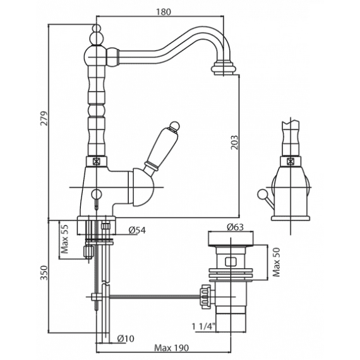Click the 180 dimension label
click(164, 12)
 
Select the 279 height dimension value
click(44, 118)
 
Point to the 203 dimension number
click(234, 143)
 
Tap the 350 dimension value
click(44, 273)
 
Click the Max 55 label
click(65, 239)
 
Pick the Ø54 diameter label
click(137, 230)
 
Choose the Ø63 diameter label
click(235, 227)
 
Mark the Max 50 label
click(276, 262)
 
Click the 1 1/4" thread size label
click(203, 326)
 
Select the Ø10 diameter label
click(125, 339)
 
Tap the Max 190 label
click(171, 347)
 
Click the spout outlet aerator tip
click(224, 68)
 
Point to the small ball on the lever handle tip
click(174, 126)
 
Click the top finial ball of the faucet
click(97, 28)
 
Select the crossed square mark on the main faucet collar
click(96, 162)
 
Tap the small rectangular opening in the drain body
click(231, 261)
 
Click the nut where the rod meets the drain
click(205, 297)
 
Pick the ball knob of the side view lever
click(261, 194)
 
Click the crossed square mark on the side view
click(291, 162)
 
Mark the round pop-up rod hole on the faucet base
click(96, 193)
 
